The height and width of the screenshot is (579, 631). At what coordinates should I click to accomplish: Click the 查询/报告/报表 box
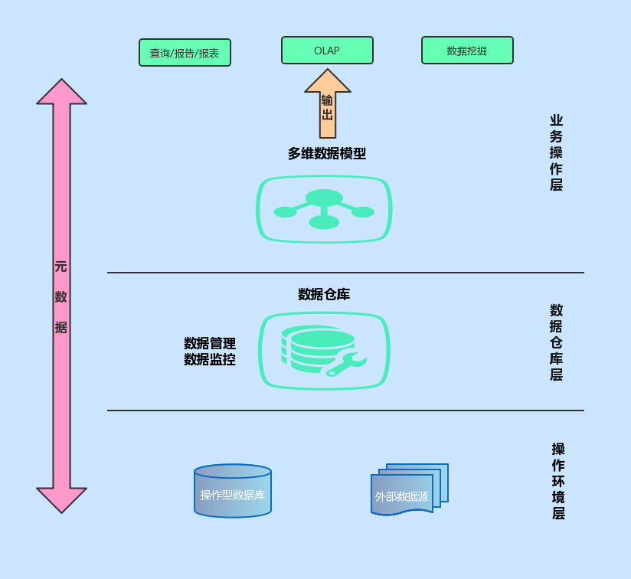tap(185, 53)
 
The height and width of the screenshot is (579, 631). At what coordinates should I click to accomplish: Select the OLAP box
tap(327, 51)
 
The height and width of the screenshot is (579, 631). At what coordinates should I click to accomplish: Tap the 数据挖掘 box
tap(467, 51)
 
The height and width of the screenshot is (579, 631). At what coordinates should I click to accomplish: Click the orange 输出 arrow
tap(328, 103)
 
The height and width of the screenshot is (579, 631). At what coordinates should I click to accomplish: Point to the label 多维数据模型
tap(327, 153)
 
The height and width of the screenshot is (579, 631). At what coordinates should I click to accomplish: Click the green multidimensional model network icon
tap(324, 209)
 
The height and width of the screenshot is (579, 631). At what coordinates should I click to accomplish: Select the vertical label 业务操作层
tap(556, 152)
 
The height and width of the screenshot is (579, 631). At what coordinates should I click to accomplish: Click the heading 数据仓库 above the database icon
tap(324, 294)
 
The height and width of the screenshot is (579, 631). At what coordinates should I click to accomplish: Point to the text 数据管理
tap(210, 343)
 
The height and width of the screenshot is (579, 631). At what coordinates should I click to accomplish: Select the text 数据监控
tap(210, 359)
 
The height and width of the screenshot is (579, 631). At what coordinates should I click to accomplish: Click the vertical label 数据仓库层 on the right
tap(556, 342)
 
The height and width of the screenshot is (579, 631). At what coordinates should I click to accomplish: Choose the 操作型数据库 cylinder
tap(233, 491)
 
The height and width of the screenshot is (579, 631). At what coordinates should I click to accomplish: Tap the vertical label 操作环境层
tap(558, 481)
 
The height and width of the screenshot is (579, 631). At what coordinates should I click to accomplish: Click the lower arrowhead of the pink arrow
tap(61, 499)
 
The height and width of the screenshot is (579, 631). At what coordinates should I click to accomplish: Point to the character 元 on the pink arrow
tap(60, 267)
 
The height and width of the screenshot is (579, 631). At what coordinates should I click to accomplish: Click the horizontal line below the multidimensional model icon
tap(345, 273)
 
